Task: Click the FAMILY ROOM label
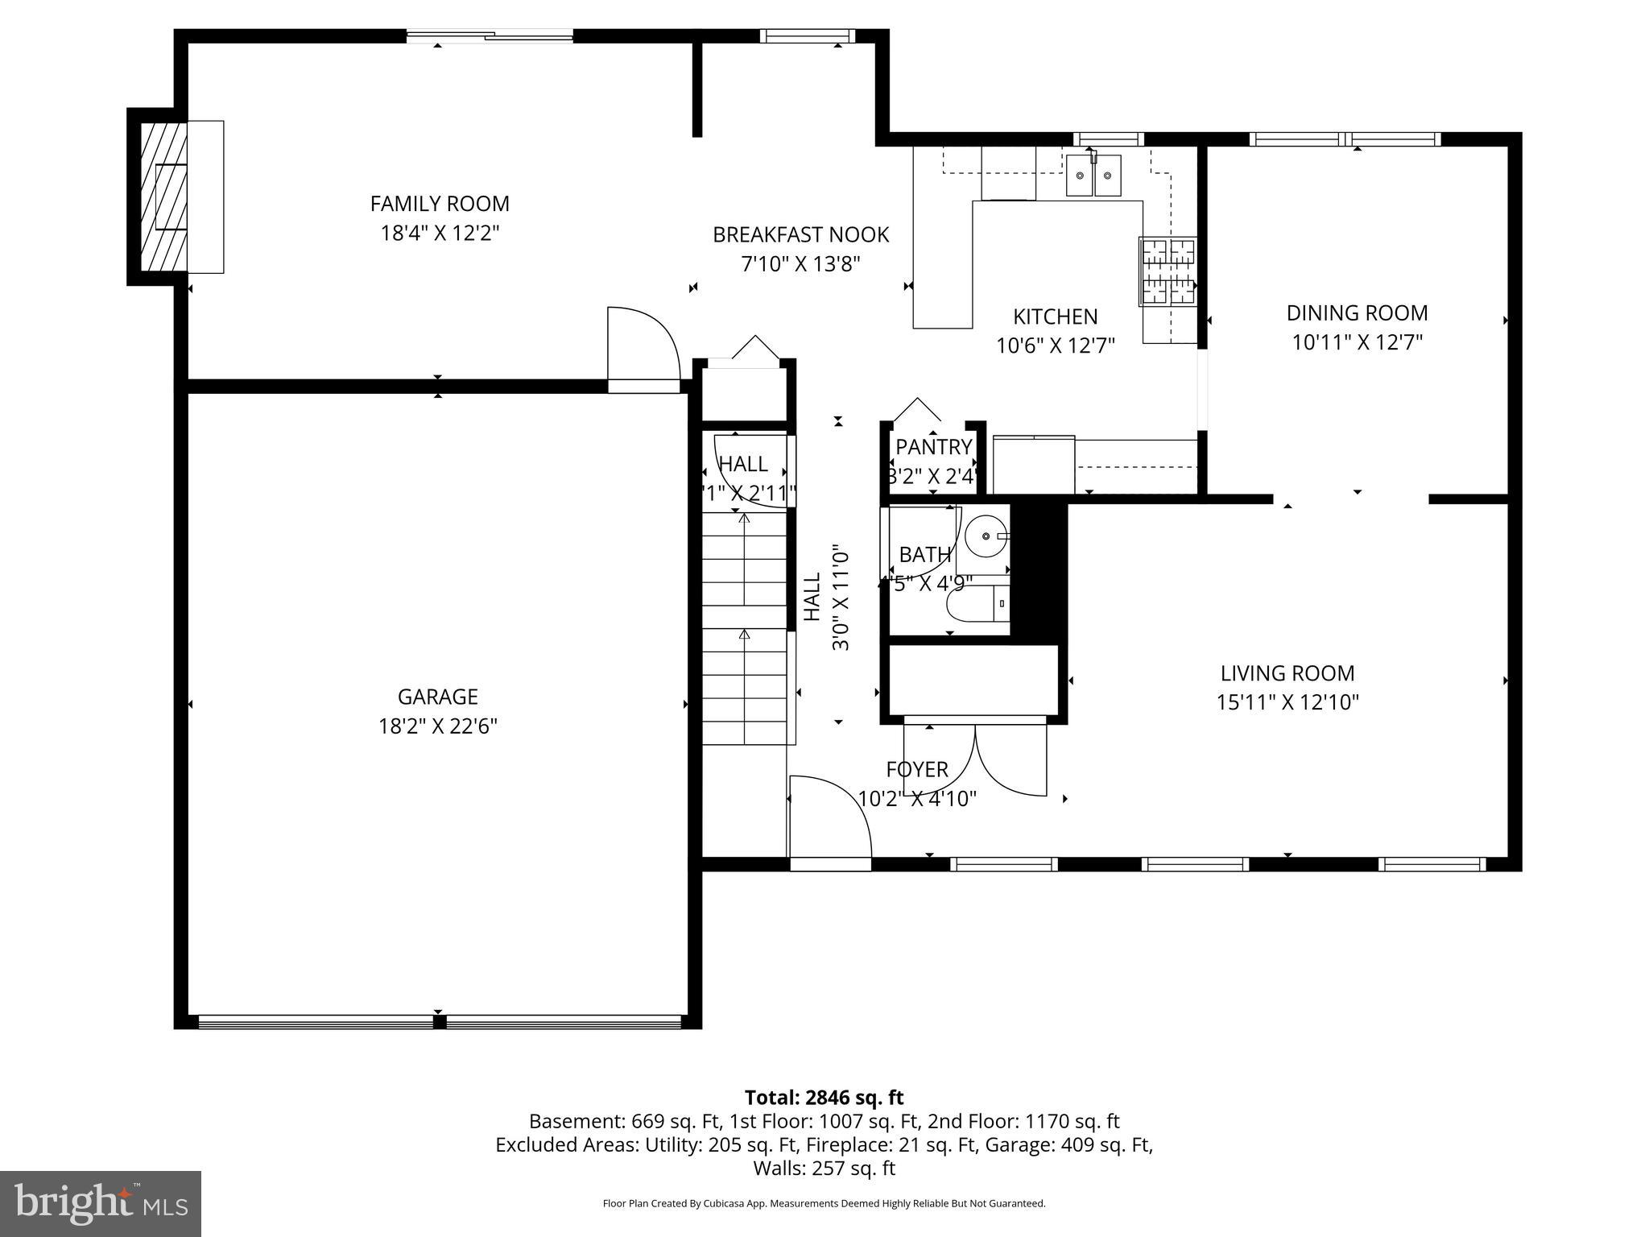pos(440,204)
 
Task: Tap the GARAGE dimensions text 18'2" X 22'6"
pos(438,726)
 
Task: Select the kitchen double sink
pos(1093,176)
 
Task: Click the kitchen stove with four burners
pos(1168,271)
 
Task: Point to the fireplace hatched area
pos(163,197)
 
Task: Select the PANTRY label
pos(933,447)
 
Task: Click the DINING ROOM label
pos(1357,313)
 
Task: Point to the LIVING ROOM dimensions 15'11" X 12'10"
pos(1287,702)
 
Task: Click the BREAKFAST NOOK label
pos(800,235)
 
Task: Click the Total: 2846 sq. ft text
pos(824,1098)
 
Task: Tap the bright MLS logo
pos(101,1203)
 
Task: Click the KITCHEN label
pos(1055,316)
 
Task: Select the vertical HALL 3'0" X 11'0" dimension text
pos(840,598)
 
